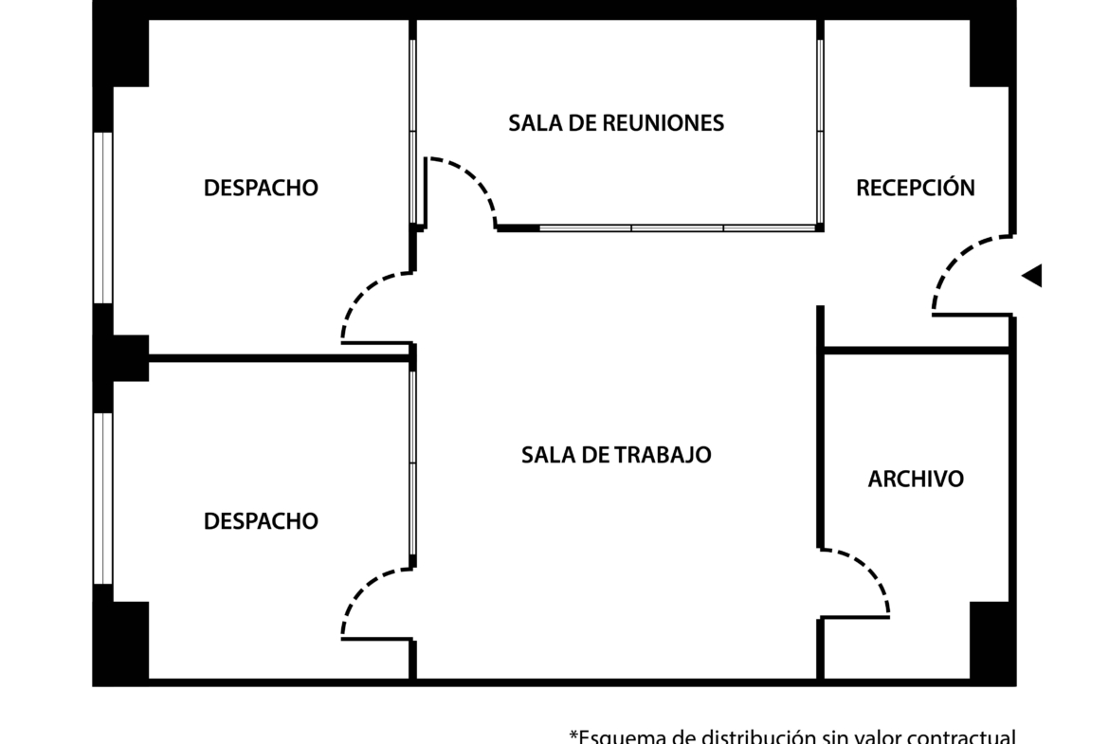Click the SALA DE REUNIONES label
click(616, 123)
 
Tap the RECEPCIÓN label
click(915, 188)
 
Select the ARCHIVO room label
click(916, 479)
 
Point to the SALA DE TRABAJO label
click(616, 455)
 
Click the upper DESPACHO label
click(261, 188)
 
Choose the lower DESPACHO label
click(261, 521)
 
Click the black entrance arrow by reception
click(1032, 276)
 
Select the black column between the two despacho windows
click(121, 357)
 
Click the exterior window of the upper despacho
click(102, 218)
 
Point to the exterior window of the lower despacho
click(102, 498)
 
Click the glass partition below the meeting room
click(678, 227)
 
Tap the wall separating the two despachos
click(280, 358)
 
